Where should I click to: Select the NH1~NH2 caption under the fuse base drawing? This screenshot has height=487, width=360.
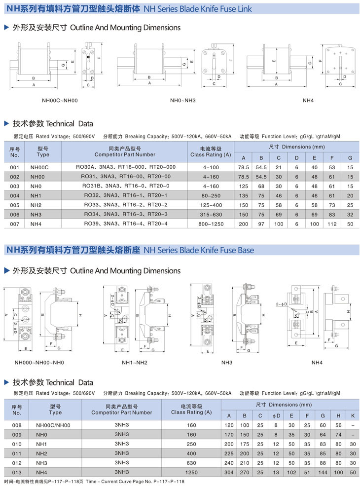coord(135,363)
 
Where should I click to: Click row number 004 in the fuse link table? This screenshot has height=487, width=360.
coord(15,195)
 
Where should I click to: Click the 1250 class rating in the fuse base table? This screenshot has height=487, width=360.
coord(191,472)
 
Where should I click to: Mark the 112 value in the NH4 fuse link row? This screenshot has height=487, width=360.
coord(332,224)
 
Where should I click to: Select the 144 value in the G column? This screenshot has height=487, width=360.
coord(323,472)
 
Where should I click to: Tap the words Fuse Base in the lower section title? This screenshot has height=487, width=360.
coord(236,250)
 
